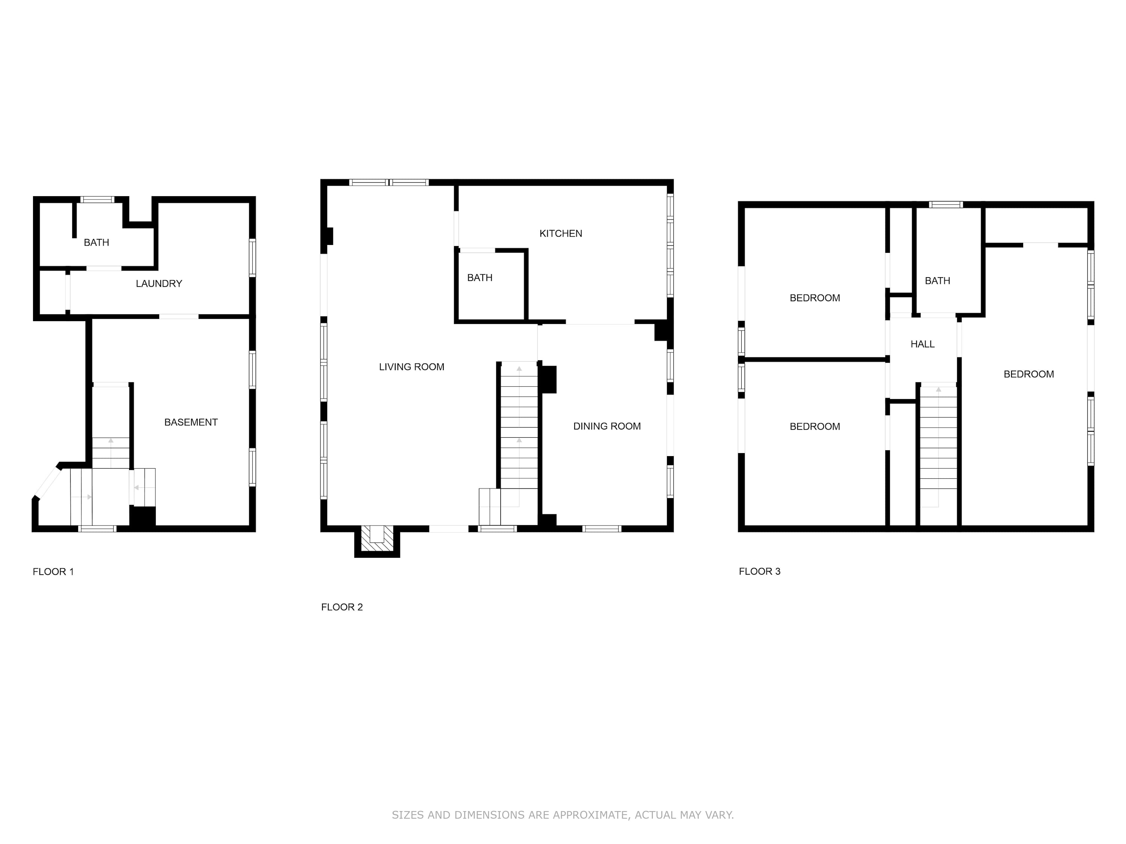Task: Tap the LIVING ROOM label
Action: point(411,367)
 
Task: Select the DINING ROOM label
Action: point(607,427)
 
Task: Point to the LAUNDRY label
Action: point(159,283)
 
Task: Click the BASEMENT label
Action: point(191,422)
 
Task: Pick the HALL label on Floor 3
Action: point(923,344)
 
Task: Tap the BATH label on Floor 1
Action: point(96,243)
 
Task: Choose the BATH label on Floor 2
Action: point(480,278)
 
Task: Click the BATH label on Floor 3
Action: point(937,281)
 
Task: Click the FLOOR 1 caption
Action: point(53,572)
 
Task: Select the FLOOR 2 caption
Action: point(342,607)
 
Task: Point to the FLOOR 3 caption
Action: point(760,571)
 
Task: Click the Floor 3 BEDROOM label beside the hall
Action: point(1029,374)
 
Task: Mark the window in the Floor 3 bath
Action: point(946,204)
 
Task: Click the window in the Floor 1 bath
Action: point(97,200)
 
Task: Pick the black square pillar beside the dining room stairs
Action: point(548,380)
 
